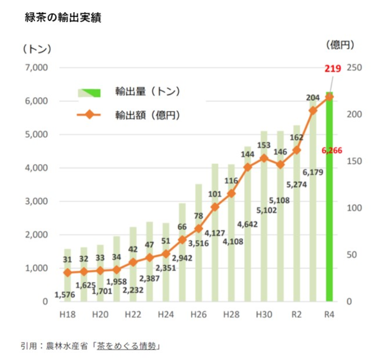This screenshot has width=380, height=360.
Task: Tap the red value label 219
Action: point(332,69)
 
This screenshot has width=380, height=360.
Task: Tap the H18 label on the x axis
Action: point(67,315)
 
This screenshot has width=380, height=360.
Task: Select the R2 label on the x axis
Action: point(296,315)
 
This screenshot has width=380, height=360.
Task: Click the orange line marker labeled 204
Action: point(313,110)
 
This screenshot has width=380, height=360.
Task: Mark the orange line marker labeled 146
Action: point(280,165)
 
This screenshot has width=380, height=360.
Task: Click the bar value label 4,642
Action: point(247,225)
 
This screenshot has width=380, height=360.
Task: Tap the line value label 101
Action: point(215,194)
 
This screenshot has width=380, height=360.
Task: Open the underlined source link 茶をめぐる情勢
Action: point(126,346)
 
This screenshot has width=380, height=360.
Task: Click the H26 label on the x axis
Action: point(198,315)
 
